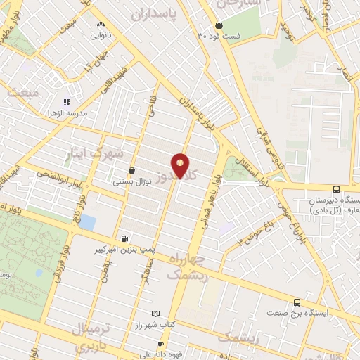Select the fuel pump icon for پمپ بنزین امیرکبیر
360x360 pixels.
(x=125, y=238)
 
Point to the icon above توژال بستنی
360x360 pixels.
(x=132, y=170)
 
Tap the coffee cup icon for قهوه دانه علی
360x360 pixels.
(x=160, y=344)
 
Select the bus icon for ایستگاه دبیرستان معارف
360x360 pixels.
(x=336, y=189)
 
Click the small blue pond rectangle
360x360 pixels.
(x=88, y=222)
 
